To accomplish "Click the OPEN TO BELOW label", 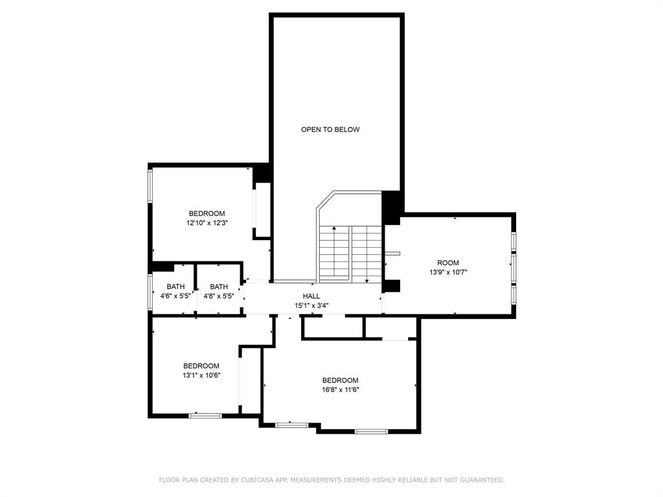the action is [330, 129].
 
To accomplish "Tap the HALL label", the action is [311, 296].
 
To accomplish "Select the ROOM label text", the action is [448, 263].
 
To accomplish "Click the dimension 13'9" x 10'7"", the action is [448, 272].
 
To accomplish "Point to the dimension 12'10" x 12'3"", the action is [207, 223].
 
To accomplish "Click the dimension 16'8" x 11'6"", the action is [341, 390].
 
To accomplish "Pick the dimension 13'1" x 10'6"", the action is [201, 375].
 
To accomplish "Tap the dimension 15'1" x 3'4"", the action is [311, 305].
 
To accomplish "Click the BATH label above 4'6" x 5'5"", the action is [175, 287].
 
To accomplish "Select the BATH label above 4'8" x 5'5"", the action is [219, 287].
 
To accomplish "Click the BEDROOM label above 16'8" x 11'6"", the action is [341, 381].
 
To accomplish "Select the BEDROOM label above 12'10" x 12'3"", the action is [207, 214].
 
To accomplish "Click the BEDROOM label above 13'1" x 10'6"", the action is [201, 366].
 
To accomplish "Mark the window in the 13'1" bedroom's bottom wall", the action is [205, 416].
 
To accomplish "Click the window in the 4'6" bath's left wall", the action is [150, 292].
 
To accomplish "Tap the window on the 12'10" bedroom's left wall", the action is [150, 186].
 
